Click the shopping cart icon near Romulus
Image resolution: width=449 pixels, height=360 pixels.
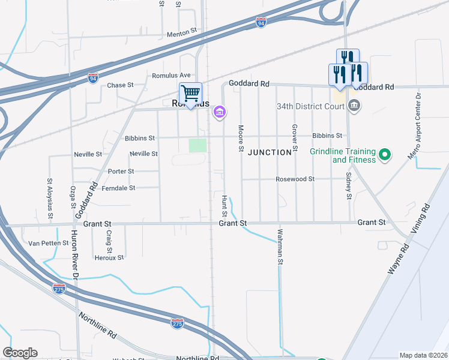[191, 94]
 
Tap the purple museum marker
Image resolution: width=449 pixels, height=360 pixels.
[220, 112]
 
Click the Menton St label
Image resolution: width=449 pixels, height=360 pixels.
[182, 35]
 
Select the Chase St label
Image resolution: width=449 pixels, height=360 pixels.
[120, 85]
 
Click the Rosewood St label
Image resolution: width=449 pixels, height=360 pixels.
[295, 179]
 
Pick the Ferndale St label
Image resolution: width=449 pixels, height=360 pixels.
[119, 188]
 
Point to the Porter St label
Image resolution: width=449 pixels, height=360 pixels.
[121, 172]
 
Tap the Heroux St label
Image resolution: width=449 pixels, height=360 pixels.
[109, 258]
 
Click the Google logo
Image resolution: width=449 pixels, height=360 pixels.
[20, 353]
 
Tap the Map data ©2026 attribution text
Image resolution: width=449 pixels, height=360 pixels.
[423, 355]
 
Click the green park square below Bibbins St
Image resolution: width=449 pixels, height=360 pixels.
[197, 146]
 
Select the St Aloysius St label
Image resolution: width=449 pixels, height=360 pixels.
[50, 197]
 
